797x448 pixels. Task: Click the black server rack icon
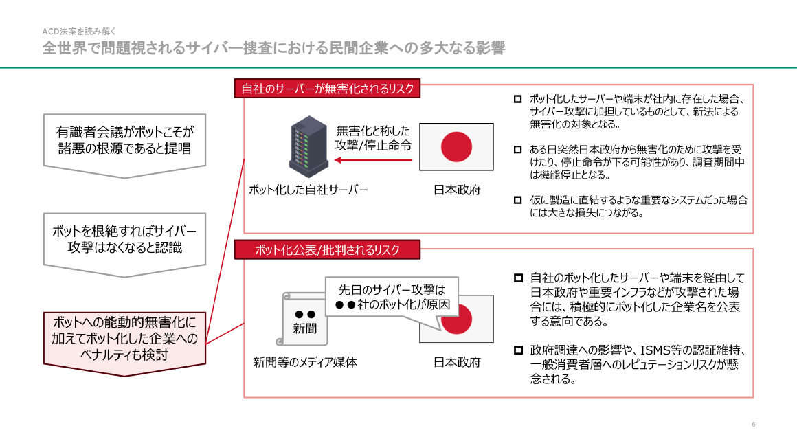pos(308,146)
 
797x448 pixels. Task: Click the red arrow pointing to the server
pos(374,161)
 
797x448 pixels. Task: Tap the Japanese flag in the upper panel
pos(456,146)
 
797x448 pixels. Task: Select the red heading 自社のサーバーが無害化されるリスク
pos(327,89)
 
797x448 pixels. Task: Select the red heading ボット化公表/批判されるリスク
pos(327,249)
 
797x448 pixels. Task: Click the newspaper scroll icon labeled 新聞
pos(304,319)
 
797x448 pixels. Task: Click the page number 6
pos(753,424)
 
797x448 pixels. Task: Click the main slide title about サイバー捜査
pos(273,48)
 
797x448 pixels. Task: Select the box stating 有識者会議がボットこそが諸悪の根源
pos(124,139)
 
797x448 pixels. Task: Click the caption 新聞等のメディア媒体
pos(305,362)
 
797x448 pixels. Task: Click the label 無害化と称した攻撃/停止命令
pos(373,137)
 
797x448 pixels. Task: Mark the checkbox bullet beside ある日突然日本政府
pos(518,149)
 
